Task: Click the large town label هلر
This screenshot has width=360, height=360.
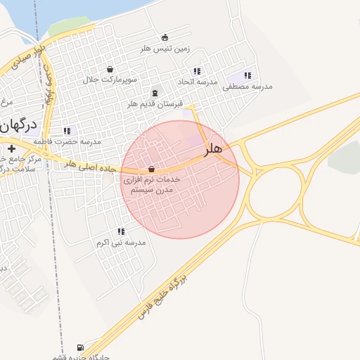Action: tap(213, 149)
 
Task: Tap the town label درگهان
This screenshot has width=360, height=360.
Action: tap(17, 127)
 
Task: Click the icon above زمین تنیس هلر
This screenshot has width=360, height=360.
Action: tap(165, 37)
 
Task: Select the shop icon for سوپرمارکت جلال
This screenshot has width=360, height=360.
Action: tap(110, 69)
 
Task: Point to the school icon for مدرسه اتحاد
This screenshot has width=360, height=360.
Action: tap(197, 71)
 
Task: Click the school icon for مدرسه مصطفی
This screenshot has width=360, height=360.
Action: tap(247, 75)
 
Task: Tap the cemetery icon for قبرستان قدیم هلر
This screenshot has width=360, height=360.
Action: tap(155, 93)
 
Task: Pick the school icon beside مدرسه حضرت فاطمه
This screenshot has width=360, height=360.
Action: tap(67, 131)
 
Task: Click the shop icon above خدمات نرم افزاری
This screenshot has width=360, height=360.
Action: tap(152, 169)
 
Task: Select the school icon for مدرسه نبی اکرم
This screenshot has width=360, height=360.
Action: tap(121, 231)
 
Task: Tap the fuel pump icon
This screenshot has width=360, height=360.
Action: tap(79, 347)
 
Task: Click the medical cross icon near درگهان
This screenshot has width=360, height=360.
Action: tap(11, 148)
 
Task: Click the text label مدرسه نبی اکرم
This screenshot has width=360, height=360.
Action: tap(121, 243)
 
